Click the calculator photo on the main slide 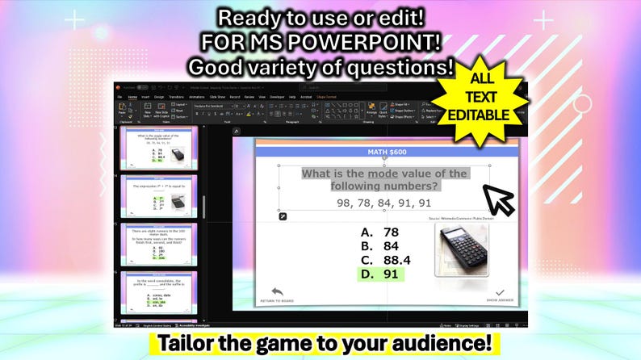point(463,250)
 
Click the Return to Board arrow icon point(278,291)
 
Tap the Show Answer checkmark point(499,292)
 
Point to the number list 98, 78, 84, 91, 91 point(383,203)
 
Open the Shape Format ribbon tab point(326,97)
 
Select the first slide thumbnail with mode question point(160,149)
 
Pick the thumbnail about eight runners point(160,245)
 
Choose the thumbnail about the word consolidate point(160,292)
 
